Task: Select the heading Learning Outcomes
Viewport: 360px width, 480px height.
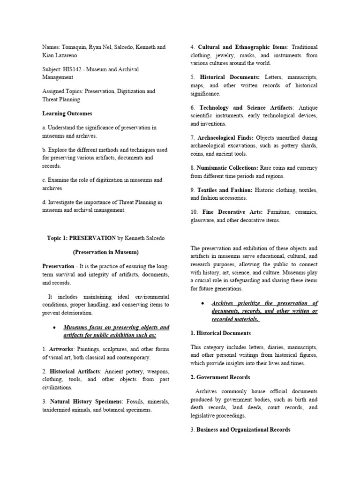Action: point(67,113)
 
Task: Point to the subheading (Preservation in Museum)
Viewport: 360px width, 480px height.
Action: point(105,252)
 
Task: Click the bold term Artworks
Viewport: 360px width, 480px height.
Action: point(61,349)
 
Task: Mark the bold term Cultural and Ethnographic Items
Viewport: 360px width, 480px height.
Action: point(243,47)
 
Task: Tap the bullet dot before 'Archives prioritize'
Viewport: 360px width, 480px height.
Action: point(202,303)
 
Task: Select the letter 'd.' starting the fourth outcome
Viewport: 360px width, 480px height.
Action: point(45,202)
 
